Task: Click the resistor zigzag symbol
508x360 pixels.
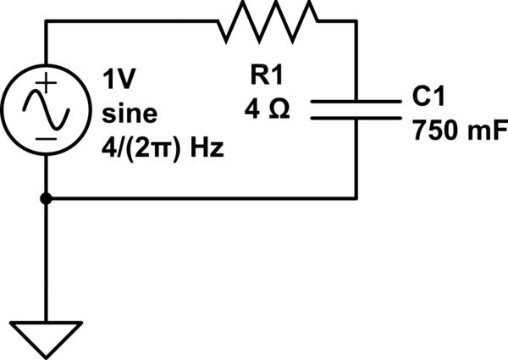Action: coord(268,22)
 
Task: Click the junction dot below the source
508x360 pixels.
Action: coord(46,198)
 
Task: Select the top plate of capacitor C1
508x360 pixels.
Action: coord(356,101)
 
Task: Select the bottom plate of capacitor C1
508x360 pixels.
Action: coord(356,118)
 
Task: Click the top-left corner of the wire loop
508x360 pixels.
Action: coord(46,22)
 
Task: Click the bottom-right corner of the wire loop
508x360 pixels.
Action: coord(356,198)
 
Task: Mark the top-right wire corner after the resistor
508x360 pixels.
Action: coord(356,22)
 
